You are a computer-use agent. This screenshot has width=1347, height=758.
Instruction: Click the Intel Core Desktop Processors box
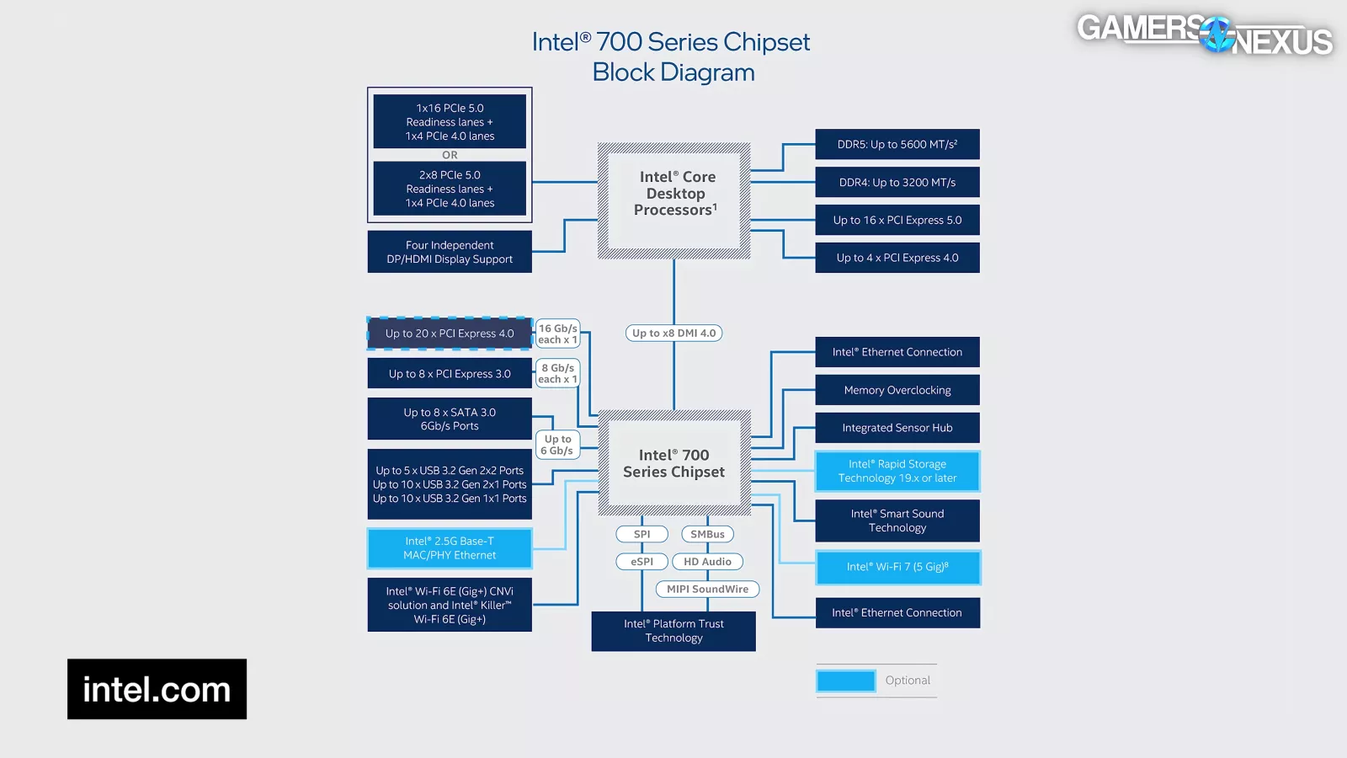(673, 200)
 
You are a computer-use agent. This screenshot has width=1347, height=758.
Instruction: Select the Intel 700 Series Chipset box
(673, 463)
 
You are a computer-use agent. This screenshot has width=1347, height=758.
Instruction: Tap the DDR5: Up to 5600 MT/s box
(897, 144)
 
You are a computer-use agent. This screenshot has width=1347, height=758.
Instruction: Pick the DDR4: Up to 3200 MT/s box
(897, 182)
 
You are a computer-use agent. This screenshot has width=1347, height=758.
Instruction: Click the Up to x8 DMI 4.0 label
(673, 333)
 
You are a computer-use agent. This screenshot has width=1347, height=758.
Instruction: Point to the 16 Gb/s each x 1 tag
(557, 334)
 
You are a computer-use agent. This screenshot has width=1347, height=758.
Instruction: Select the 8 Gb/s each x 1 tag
(557, 373)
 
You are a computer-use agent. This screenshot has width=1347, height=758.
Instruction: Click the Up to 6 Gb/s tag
(557, 445)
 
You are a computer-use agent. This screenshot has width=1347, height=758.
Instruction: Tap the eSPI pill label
(642, 562)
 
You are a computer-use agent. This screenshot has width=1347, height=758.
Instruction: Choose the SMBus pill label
(707, 534)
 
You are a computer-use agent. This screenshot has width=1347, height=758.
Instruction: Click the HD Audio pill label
(707, 562)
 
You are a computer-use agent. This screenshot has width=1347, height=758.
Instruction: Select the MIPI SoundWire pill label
(707, 589)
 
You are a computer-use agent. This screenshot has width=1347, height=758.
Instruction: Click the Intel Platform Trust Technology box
(673, 631)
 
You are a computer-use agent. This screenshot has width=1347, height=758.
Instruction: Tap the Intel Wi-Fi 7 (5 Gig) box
(897, 567)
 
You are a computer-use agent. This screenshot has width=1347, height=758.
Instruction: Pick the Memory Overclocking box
(897, 390)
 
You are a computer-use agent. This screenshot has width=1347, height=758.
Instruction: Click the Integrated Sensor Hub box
(897, 428)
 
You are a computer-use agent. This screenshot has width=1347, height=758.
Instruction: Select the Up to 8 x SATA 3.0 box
(450, 419)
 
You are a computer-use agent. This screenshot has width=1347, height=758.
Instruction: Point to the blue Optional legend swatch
(845, 681)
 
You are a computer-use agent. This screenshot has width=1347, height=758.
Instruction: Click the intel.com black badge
(157, 689)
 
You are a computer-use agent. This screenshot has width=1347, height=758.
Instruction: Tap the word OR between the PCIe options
(450, 155)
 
